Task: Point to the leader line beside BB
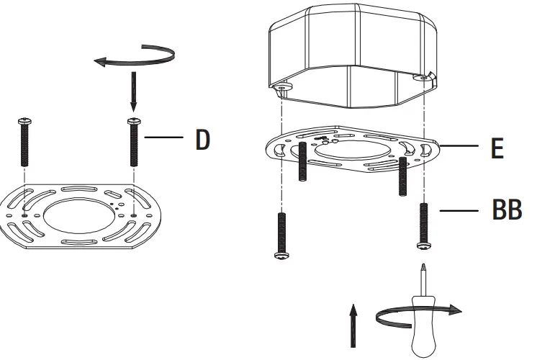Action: click(458, 211)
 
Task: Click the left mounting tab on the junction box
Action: click(283, 86)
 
